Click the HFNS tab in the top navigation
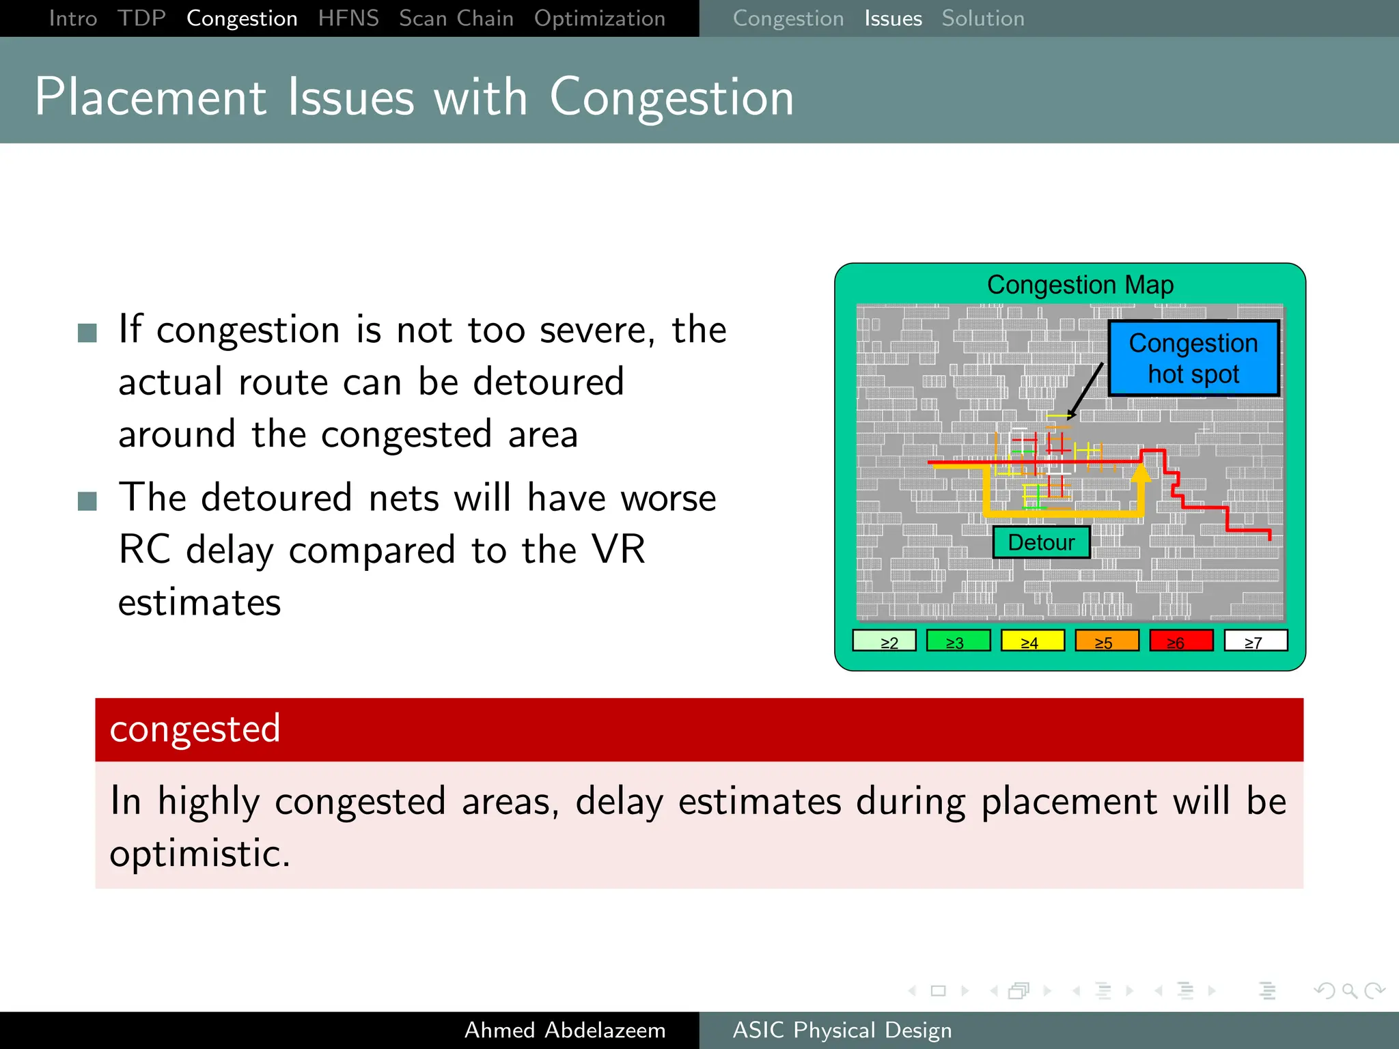[x=348, y=18]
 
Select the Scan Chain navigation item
[x=456, y=18]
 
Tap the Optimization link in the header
[x=599, y=18]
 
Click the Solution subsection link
[x=982, y=18]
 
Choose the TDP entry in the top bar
[x=141, y=18]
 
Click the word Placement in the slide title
[x=150, y=97]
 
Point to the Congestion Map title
[x=1080, y=285]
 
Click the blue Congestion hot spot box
[x=1193, y=359]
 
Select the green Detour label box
[x=1040, y=542]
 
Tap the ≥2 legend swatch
[x=884, y=641]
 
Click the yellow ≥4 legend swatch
[x=1032, y=641]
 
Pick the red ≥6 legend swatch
[x=1181, y=641]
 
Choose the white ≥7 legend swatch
[x=1255, y=641]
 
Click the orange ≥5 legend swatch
[x=1107, y=641]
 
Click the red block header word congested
[x=195, y=729]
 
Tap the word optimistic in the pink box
[x=199, y=854]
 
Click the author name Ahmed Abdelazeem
[x=565, y=1030]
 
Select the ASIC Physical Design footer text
[x=842, y=1030]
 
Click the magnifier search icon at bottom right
[x=1349, y=990]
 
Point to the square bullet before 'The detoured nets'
[x=87, y=501]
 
